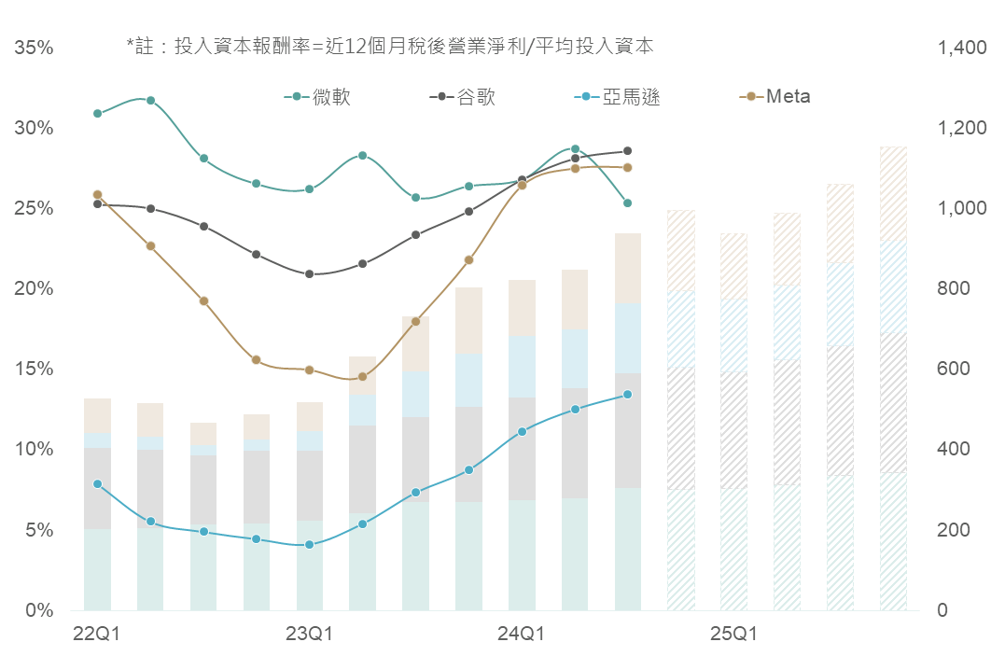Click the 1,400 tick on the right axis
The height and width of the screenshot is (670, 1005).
coord(962,48)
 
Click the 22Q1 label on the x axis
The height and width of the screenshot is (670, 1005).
coord(97,635)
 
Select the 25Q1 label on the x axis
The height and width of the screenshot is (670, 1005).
coord(733,635)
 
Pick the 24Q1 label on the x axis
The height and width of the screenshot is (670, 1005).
coord(521,635)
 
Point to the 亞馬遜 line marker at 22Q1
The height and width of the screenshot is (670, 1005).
coord(97,483)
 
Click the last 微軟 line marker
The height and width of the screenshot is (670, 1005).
coord(627,202)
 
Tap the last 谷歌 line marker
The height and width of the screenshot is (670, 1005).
coord(627,150)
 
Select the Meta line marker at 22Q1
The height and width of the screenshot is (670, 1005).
coord(97,195)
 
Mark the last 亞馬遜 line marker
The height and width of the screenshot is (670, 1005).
coord(627,394)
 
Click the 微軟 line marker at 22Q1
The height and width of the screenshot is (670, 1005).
coord(97,113)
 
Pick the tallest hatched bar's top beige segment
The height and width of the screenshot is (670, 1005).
coord(893,193)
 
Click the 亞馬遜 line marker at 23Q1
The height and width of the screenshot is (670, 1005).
coord(309,544)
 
